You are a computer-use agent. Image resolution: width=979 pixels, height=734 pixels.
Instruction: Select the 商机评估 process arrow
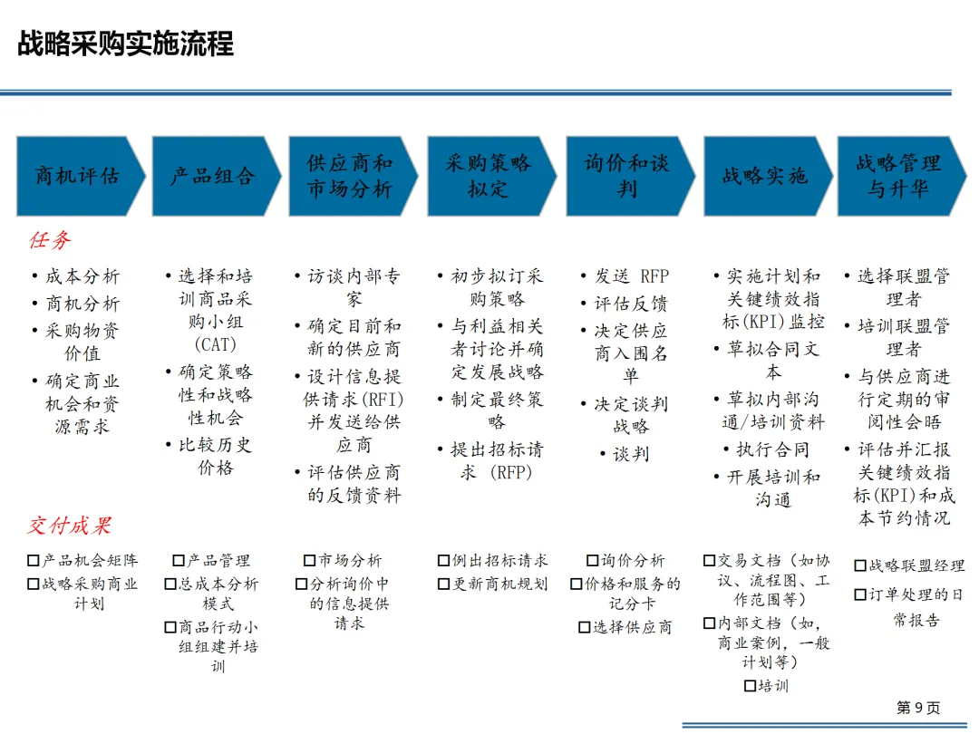[78, 176]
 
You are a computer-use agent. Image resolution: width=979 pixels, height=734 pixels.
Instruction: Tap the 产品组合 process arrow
[214, 176]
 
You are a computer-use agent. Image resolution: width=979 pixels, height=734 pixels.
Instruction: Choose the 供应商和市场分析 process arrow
[350, 176]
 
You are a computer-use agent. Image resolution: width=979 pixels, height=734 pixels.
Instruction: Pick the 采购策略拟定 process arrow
[489, 176]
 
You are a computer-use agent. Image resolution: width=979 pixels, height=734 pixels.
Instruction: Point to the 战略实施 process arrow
[764, 176]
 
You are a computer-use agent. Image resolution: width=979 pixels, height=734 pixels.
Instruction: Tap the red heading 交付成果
[69, 526]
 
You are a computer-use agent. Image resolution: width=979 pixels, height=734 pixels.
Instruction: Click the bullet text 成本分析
[82, 277]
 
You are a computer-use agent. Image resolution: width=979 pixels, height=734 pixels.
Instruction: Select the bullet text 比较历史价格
[215, 456]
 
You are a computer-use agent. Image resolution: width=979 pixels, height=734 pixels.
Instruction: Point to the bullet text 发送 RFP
[631, 277]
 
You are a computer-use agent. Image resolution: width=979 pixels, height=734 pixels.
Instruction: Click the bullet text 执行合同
[772, 449]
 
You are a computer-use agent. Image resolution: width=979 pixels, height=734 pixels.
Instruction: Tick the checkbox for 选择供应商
[585, 627]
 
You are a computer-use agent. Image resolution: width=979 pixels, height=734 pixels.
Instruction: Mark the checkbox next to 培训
[750, 686]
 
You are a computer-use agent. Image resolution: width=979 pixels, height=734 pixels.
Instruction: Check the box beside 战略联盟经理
[861, 566]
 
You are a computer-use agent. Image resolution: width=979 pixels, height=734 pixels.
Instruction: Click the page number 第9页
[918, 708]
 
